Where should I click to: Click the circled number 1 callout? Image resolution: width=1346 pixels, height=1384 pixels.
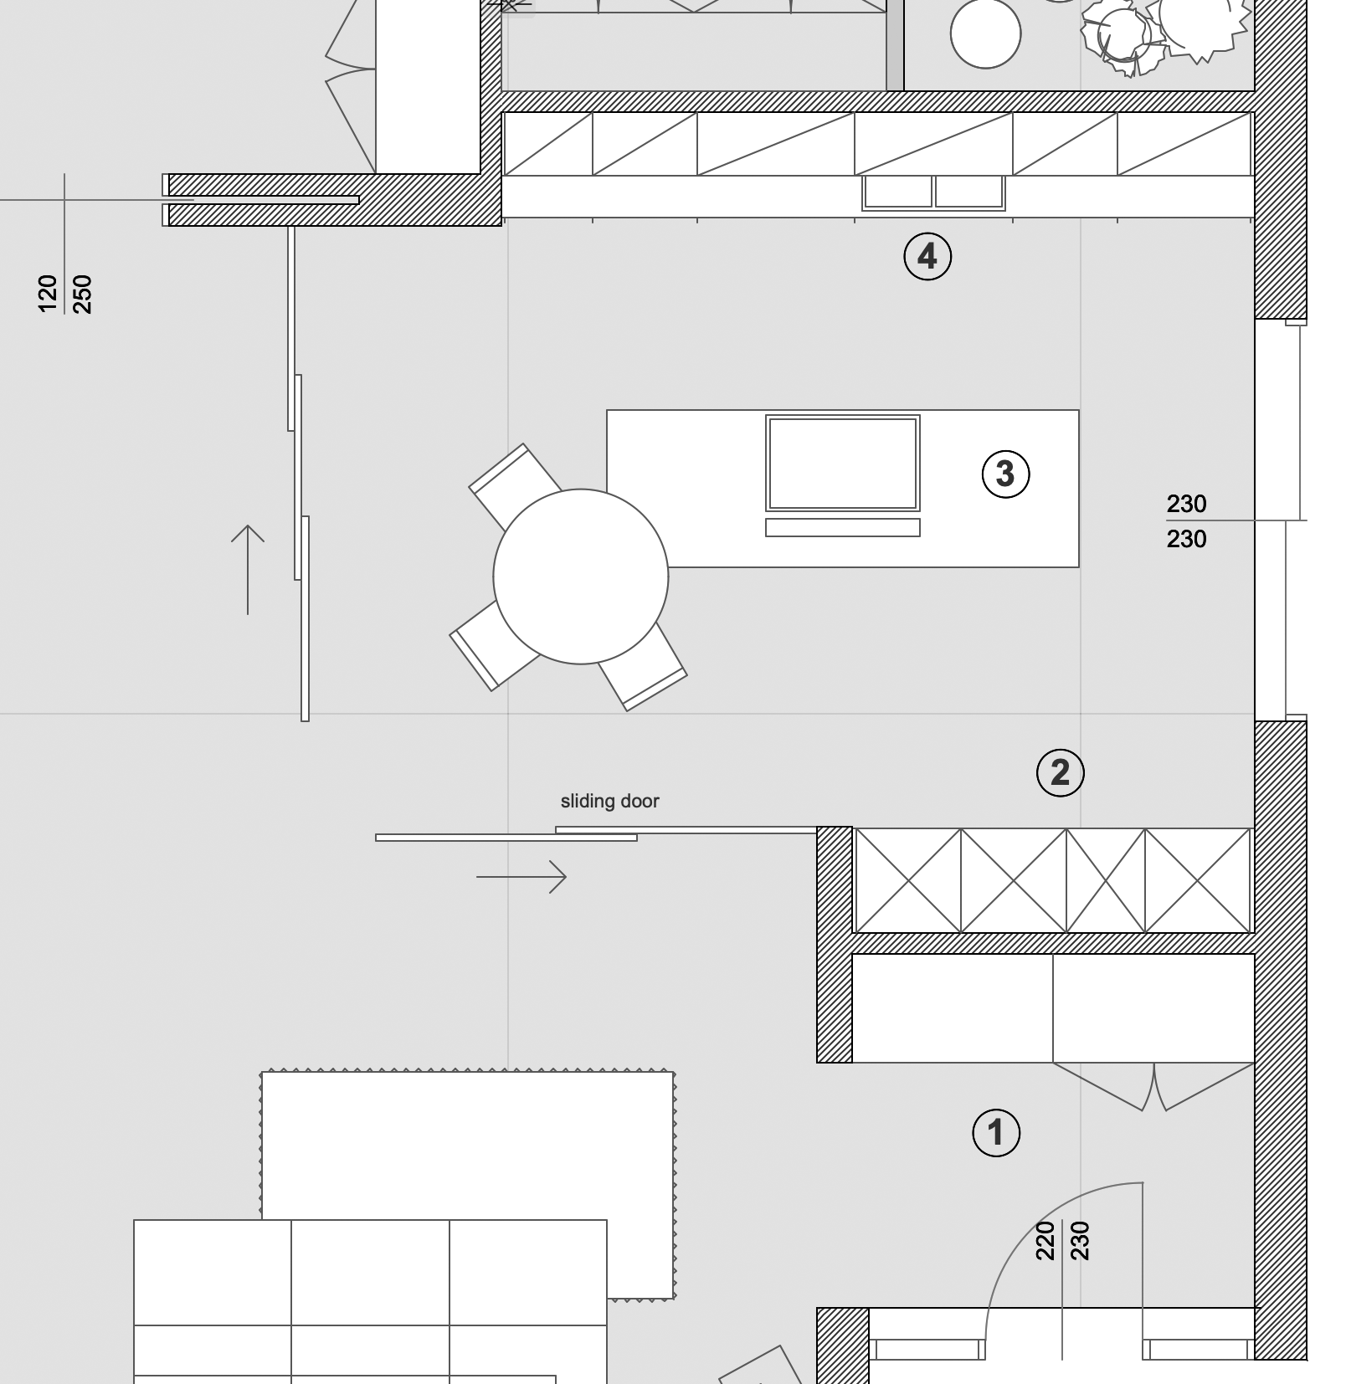pyautogui.click(x=996, y=1133)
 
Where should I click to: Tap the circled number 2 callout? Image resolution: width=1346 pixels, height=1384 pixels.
pyautogui.click(x=1061, y=772)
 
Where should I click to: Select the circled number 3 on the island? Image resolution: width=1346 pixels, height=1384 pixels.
pyautogui.click(x=1005, y=474)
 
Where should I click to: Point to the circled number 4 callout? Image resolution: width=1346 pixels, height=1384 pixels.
pyautogui.click(x=927, y=256)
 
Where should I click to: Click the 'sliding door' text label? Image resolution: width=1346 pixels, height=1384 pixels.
pyautogui.click(x=610, y=802)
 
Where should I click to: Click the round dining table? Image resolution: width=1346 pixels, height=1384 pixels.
pyautogui.click(x=581, y=577)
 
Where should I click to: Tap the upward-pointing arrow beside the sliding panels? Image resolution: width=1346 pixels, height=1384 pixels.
pyautogui.click(x=248, y=570)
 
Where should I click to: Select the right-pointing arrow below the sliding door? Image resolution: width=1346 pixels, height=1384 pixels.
pyautogui.click(x=521, y=877)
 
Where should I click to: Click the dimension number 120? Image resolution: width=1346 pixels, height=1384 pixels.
pyautogui.click(x=48, y=294)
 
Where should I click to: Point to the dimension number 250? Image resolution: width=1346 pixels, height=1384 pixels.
pyautogui.click(x=82, y=294)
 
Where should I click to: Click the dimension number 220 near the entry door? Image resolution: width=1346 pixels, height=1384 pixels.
pyautogui.click(x=1045, y=1240)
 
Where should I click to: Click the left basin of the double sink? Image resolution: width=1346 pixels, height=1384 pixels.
pyautogui.click(x=898, y=192)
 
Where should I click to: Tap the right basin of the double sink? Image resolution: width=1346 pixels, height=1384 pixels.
pyautogui.click(x=969, y=192)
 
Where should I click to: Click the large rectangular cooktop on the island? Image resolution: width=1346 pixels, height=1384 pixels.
pyautogui.click(x=843, y=463)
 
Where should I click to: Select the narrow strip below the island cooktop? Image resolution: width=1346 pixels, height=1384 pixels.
pyautogui.click(x=843, y=527)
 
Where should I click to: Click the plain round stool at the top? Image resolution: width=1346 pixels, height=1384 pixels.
pyautogui.click(x=986, y=33)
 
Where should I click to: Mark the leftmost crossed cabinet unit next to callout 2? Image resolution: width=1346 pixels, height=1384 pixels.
pyautogui.click(x=908, y=880)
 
